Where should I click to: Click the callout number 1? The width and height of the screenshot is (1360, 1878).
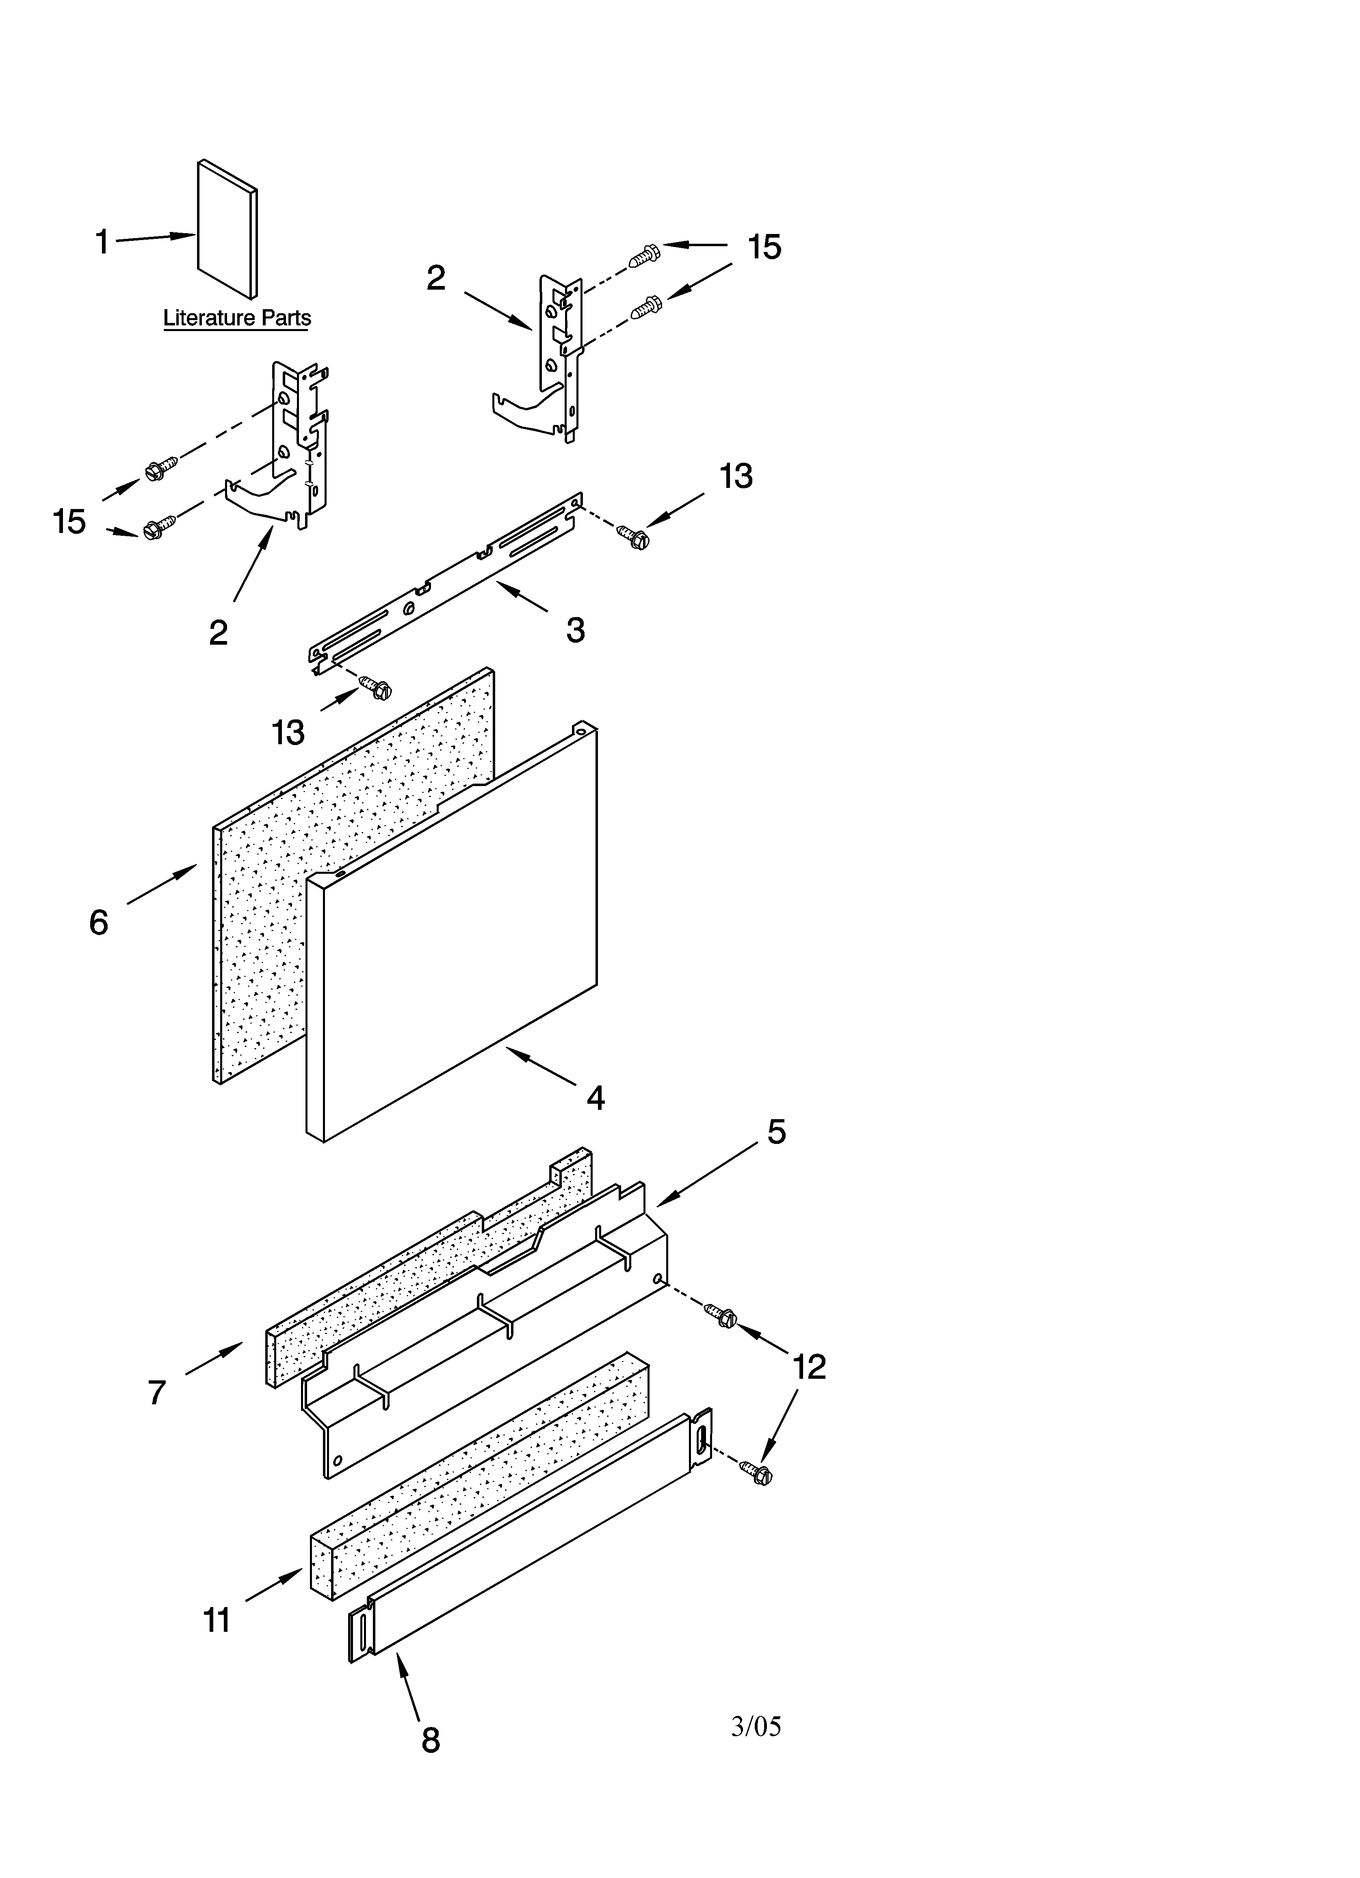click(102, 243)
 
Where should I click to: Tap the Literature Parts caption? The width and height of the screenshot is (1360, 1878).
click(237, 318)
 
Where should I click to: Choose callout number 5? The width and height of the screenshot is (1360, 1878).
click(776, 1132)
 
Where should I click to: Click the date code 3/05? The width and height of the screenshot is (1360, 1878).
click(756, 1726)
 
